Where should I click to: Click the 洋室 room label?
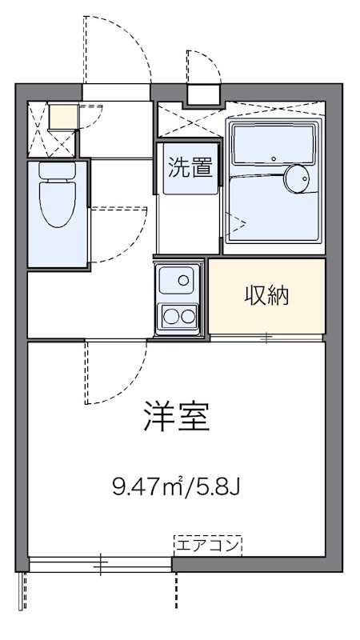coord(177,417)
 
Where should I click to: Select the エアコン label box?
coord(207,546)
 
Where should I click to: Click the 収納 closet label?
coord(266,296)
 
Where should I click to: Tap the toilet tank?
coord(57,170)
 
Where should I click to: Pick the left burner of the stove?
coord(171,316)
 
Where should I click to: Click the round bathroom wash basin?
coord(298,179)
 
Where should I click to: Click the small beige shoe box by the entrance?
coord(63,117)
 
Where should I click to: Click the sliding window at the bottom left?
coord(100,565)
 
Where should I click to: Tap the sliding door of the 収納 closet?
coord(266,338)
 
